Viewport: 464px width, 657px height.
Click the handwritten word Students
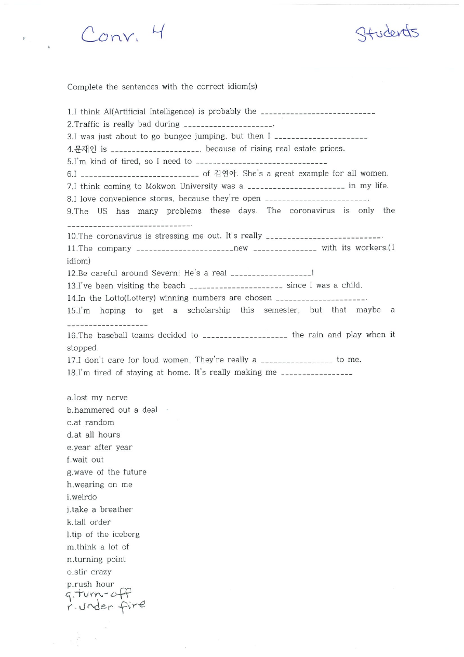pyautogui.click(x=387, y=34)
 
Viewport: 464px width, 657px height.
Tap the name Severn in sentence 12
pyautogui.click(x=165, y=273)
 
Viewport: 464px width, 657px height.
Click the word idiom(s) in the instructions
pyautogui.click(x=241, y=87)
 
